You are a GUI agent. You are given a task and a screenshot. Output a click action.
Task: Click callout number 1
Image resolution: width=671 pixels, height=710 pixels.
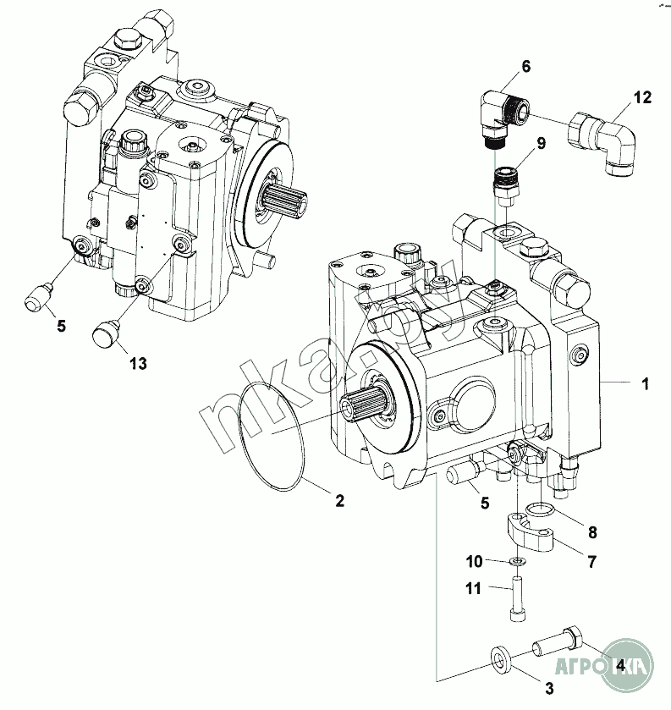click(x=645, y=385)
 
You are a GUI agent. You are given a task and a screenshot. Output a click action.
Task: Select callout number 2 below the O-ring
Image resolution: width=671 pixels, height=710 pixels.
click(x=339, y=500)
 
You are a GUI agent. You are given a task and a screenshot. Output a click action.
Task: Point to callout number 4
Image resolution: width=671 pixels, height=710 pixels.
click(x=620, y=665)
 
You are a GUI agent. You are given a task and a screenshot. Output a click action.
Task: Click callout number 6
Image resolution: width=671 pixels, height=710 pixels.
click(x=525, y=65)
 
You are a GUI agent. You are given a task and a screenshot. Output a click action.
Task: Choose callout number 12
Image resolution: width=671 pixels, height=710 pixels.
click(x=642, y=97)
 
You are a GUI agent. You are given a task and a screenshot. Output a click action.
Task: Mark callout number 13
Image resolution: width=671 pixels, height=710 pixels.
click(x=138, y=363)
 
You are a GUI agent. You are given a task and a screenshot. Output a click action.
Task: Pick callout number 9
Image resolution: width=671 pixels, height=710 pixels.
click(x=541, y=142)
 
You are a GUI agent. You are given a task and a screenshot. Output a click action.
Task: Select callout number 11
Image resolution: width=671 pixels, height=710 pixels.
click(x=474, y=588)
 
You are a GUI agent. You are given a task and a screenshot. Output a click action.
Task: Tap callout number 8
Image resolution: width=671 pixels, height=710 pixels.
click(x=592, y=532)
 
